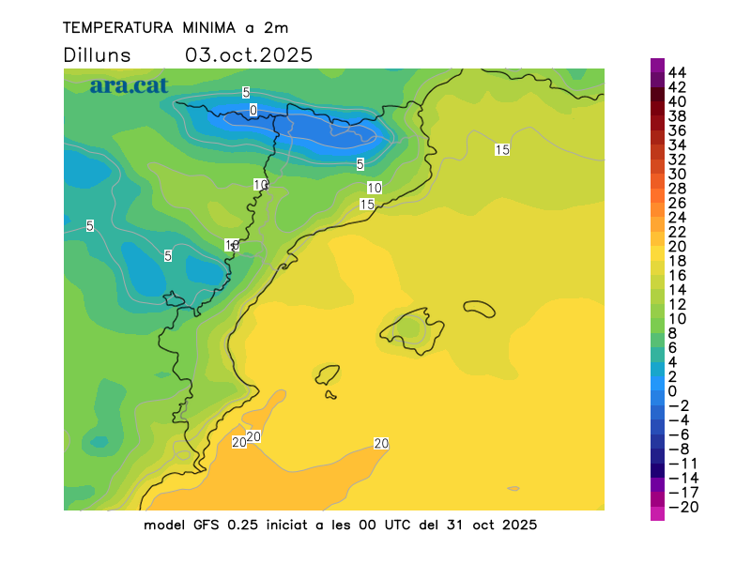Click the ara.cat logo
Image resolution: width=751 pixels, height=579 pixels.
[129, 85]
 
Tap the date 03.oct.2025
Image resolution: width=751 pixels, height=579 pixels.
[249, 54]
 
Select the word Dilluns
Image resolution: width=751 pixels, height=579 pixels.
[98, 54]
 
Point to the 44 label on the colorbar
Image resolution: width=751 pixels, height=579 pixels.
[677, 72]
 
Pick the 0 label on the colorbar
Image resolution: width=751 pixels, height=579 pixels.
[671, 391]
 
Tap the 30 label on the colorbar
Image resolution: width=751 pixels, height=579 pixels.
[677, 174]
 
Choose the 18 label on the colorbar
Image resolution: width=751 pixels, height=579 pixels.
[677, 261]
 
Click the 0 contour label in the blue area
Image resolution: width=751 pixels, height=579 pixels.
[253, 110]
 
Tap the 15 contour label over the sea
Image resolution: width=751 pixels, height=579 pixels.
[502, 150]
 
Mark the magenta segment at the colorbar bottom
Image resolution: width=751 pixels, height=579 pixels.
[657, 513]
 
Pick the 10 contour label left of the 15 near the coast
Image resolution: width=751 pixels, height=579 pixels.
[375, 188]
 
